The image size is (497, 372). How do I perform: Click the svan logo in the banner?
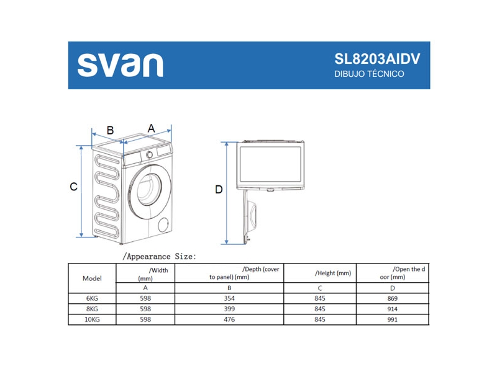coord(121,65)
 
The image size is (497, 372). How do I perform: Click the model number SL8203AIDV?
coord(377,59)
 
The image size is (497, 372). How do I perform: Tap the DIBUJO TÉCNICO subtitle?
coord(369,74)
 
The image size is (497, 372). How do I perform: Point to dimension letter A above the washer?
coord(151,128)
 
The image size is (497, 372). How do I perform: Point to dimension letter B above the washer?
coord(110,130)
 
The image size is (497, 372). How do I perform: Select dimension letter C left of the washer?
coord(73,186)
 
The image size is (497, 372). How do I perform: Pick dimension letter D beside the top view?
coord(219,189)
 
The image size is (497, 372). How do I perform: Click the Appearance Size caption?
coord(160,255)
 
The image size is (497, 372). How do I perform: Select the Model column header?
coord(92,278)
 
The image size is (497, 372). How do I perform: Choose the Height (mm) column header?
coord(333,273)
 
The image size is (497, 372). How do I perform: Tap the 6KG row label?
coord(92,298)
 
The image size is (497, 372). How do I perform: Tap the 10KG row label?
coord(92,319)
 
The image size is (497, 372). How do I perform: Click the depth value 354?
coord(229,298)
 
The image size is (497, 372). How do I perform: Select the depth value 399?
coord(229,309)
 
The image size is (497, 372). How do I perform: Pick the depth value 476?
coord(229,319)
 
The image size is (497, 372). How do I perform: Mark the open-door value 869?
coord(392,298)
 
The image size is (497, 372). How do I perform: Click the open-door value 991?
coord(392,319)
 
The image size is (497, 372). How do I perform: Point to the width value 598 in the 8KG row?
coord(145,309)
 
